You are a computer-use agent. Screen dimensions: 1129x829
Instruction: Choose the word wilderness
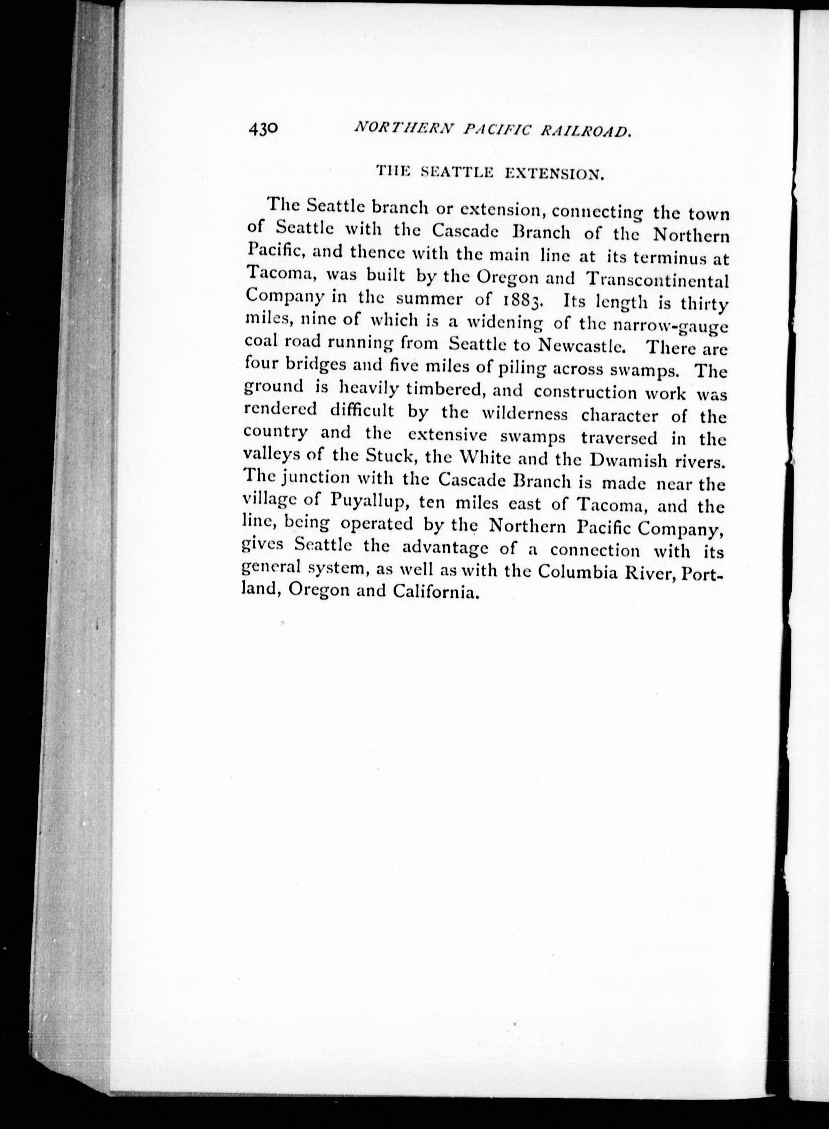tap(525, 415)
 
